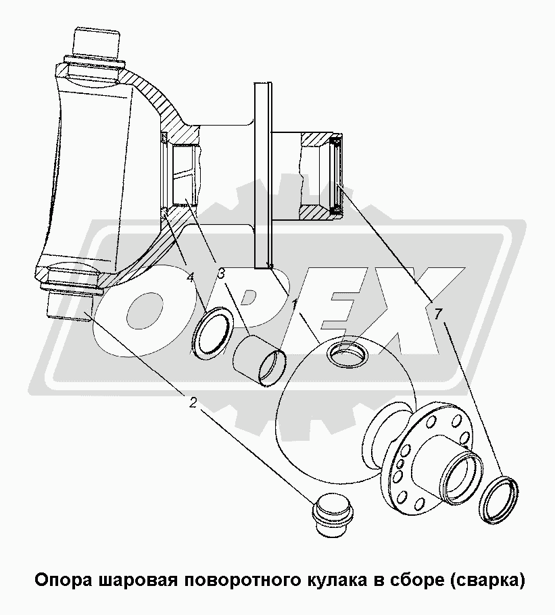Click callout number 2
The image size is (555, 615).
(193, 402)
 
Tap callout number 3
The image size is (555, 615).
(221, 273)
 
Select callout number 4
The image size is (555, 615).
(190, 277)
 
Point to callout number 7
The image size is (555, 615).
(438, 314)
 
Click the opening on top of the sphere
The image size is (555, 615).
(347, 352)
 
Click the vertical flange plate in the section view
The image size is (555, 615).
(263, 176)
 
